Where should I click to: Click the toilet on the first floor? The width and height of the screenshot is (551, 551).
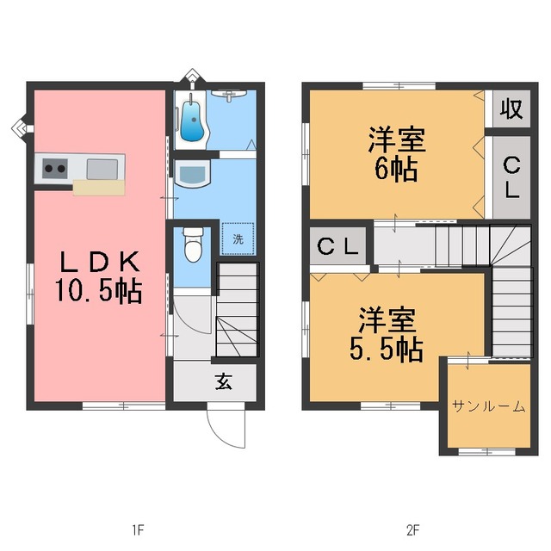coord(192,244)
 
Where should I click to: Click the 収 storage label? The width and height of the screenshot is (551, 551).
coord(510,109)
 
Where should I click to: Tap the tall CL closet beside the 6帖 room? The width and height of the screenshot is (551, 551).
coord(511,176)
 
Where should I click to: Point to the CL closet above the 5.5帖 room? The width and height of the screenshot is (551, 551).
coord(339,246)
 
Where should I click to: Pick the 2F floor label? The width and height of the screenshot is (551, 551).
coord(414,528)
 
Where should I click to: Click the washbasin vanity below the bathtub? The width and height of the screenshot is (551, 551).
coord(191,173)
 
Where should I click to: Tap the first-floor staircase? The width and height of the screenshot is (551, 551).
coord(236,310)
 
